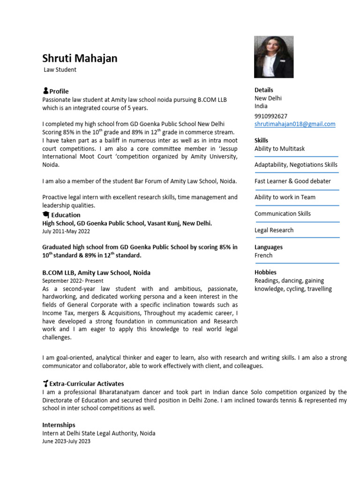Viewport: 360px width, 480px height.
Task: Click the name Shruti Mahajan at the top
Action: tap(80, 59)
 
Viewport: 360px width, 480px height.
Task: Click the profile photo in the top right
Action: tap(273, 57)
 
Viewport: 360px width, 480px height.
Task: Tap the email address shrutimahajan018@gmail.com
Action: tap(295, 124)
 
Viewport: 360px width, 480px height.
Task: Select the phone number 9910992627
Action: tap(271, 116)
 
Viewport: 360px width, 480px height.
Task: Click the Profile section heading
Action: tap(59, 91)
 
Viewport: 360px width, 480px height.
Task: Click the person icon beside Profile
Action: tap(45, 91)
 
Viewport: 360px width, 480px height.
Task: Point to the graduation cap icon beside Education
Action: tap(46, 215)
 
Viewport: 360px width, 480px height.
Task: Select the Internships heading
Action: tap(59, 425)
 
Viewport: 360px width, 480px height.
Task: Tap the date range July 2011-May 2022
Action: tap(66, 232)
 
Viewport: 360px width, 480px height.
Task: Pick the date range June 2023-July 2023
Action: tap(66, 442)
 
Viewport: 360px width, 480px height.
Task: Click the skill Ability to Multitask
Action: tap(279, 149)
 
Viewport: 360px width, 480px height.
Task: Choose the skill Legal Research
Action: tap(274, 230)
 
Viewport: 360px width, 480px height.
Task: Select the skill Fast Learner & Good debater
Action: tap(292, 181)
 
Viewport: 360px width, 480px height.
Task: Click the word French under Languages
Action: tap(263, 255)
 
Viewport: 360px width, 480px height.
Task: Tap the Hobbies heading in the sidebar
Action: tap(265, 272)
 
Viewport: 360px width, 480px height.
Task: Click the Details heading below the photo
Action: tap(263, 90)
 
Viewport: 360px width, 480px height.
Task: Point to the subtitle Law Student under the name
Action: tap(60, 70)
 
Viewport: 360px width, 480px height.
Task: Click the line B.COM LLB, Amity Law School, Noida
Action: tap(96, 272)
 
